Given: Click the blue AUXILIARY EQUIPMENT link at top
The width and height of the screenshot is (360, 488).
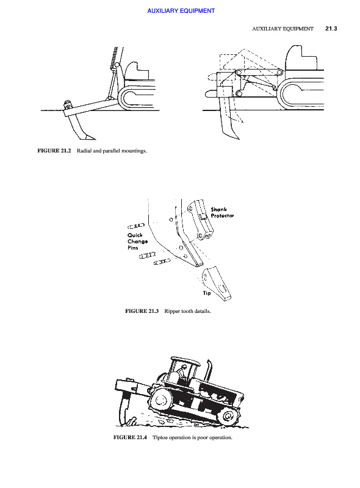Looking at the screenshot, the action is pyautogui.click(x=181, y=11).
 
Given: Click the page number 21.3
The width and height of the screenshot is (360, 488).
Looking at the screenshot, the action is pyautogui.click(x=331, y=29).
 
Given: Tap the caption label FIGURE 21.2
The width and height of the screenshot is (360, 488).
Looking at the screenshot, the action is pyautogui.click(x=54, y=151).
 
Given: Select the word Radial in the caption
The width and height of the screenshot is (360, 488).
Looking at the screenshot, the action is pyautogui.click(x=84, y=151).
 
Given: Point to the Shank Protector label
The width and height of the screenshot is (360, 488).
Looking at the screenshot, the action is pyautogui.click(x=222, y=212).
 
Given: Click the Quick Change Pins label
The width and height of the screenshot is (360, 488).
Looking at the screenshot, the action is pyautogui.click(x=137, y=241).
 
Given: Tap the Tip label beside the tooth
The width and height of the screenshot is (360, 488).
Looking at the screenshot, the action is pyautogui.click(x=207, y=293).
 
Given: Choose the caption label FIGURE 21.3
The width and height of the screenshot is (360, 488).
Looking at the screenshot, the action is pyautogui.click(x=142, y=311).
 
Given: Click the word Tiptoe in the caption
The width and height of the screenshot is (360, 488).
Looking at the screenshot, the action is pyautogui.click(x=159, y=437).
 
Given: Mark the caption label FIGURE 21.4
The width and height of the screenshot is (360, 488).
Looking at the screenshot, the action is pyautogui.click(x=130, y=437).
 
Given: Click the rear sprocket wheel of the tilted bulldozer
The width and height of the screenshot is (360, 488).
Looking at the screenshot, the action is pyautogui.click(x=160, y=400).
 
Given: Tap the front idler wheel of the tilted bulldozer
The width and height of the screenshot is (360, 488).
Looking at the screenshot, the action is pyautogui.click(x=228, y=416).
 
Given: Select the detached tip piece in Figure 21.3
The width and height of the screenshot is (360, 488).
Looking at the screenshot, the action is pyautogui.click(x=217, y=284).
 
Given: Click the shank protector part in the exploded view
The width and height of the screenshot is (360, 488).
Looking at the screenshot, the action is pyautogui.click(x=200, y=220).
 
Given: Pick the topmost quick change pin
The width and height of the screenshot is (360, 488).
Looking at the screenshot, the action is pyautogui.click(x=136, y=225).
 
